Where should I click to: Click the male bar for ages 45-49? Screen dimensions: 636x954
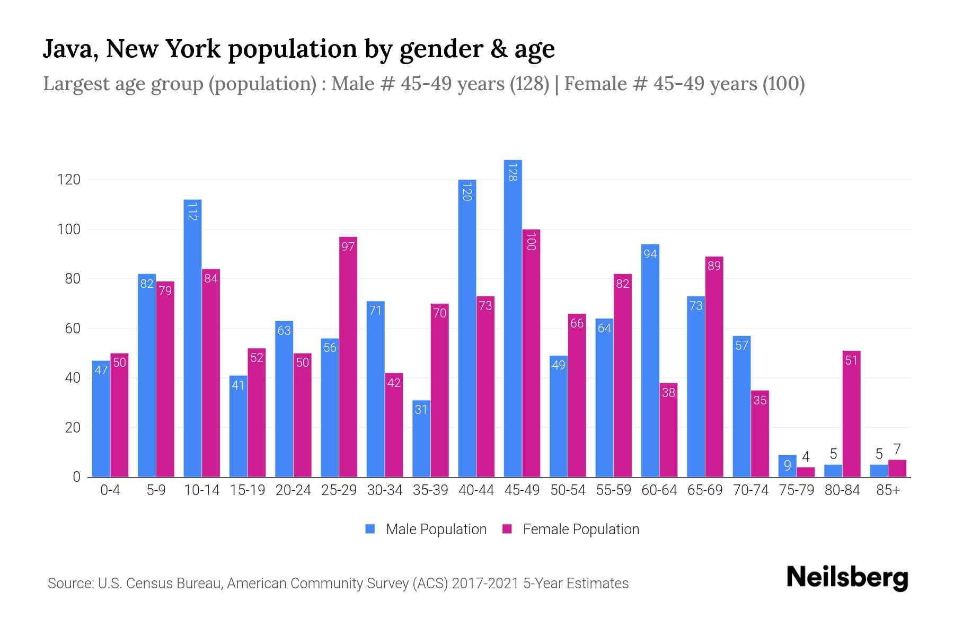pos(513,318)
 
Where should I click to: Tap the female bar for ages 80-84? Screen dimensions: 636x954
pos(851,413)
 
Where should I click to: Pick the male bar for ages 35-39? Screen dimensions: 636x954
pos(421,438)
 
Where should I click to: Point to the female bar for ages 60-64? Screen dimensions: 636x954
pos(668,430)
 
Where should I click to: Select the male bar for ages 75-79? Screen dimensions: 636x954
pos(787,466)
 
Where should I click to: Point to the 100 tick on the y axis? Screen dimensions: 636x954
pos(69,229)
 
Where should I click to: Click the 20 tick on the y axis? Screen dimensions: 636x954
pos(73,428)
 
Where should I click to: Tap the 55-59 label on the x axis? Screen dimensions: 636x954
pos(613,490)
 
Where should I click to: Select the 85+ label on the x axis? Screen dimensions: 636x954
pos(888,490)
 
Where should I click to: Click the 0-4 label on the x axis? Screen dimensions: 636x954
pos(110,490)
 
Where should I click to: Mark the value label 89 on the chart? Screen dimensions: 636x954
pos(714,266)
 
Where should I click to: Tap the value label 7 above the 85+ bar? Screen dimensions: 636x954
pos(897,450)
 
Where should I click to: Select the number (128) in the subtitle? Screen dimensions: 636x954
pos(529,84)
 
